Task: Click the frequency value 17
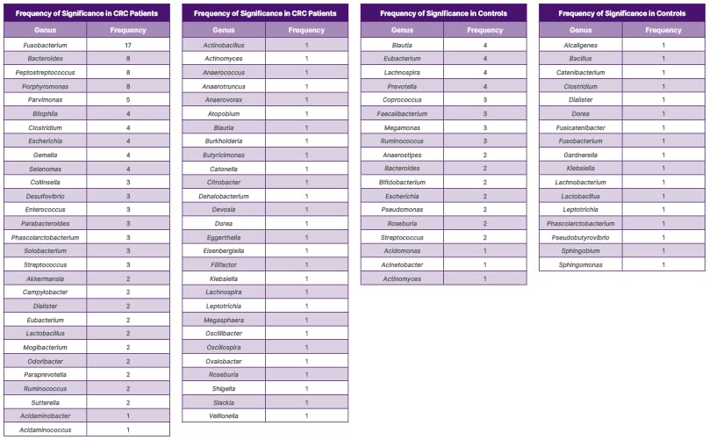tap(127, 45)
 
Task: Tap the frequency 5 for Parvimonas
tap(127, 99)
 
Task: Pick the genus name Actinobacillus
tap(224, 45)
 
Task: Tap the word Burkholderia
tap(224, 141)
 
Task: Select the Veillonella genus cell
tap(224, 415)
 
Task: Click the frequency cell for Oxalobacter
tap(306, 361)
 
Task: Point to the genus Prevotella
tap(402, 86)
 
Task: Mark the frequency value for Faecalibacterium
tap(484, 113)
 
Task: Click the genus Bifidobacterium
tap(402, 182)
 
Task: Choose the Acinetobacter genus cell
tap(402, 264)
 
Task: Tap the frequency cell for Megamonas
tap(484, 127)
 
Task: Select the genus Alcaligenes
tap(580, 45)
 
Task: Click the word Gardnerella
tap(580, 155)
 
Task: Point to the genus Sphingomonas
tap(580, 264)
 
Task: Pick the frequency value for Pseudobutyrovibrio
tap(662, 237)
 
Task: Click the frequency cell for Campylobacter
tap(127, 292)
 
